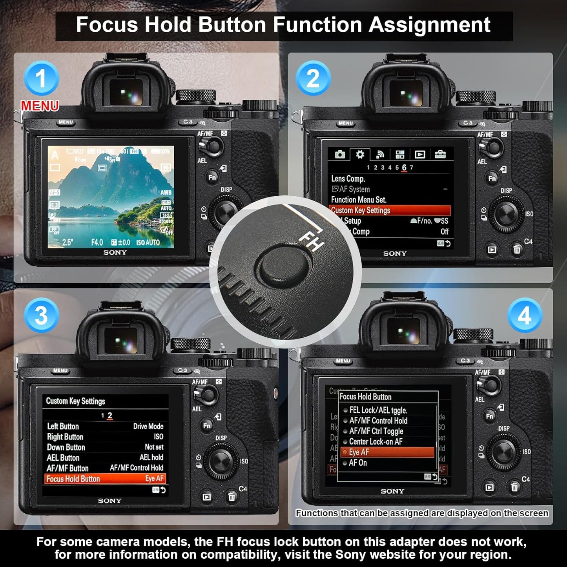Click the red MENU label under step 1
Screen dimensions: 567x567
(40, 106)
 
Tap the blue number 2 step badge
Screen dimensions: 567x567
(313, 78)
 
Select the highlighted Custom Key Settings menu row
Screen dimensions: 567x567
(390, 211)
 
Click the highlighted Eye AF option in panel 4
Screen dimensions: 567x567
(387, 452)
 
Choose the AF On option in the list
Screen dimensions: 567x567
(357, 463)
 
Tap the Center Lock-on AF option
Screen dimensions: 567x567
(376, 442)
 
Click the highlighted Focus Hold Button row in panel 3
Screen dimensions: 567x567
(105, 479)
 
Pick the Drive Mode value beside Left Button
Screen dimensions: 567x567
(148, 427)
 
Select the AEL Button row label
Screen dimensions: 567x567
(63, 458)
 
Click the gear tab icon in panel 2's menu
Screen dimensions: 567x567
(360, 155)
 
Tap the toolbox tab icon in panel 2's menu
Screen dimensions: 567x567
(440, 155)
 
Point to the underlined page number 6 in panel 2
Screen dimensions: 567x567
(404, 168)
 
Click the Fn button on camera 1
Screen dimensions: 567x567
(212, 177)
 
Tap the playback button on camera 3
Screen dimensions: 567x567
(206, 497)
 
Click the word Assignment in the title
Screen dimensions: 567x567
(429, 25)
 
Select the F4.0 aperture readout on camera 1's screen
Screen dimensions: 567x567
(97, 242)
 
